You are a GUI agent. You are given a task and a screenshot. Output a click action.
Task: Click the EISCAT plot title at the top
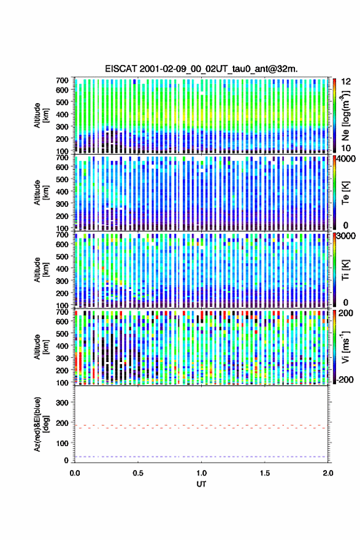click(x=201, y=69)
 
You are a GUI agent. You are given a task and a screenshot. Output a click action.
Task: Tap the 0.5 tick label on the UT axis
click(x=138, y=473)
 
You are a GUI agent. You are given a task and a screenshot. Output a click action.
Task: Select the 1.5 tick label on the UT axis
click(x=265, y=473)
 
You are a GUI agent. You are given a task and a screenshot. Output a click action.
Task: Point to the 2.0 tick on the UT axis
click(x=328, y=473)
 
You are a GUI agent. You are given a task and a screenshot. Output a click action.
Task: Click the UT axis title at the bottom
click(x=201, y=484)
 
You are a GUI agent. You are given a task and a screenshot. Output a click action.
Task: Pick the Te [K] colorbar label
click(x=345, y=193)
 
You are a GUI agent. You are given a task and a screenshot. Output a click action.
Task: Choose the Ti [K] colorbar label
click(x=345, y=270)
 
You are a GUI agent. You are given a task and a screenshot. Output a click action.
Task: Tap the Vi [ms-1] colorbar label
click(x=345, y=347)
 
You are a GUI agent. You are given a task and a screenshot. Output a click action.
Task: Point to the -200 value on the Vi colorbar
click(x=345, y=379)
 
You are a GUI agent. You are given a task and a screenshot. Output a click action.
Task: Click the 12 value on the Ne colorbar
click(x=346, y=82)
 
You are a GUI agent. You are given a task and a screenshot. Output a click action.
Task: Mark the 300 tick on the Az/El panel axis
click(x=62, y=403)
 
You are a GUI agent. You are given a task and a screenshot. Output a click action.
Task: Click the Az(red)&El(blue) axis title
click(x=41, y=424)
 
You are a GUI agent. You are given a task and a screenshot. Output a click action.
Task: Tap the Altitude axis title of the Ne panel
click(x=41, y=115)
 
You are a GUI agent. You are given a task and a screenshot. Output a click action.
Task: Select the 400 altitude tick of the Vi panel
click(x=62, y=345)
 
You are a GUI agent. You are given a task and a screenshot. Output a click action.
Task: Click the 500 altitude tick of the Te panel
click(x=62, y=179)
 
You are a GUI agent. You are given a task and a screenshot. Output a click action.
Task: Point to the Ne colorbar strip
click(x=334, y=115)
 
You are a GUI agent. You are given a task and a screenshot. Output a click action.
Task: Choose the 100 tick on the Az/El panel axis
click(x=62, y=443)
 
